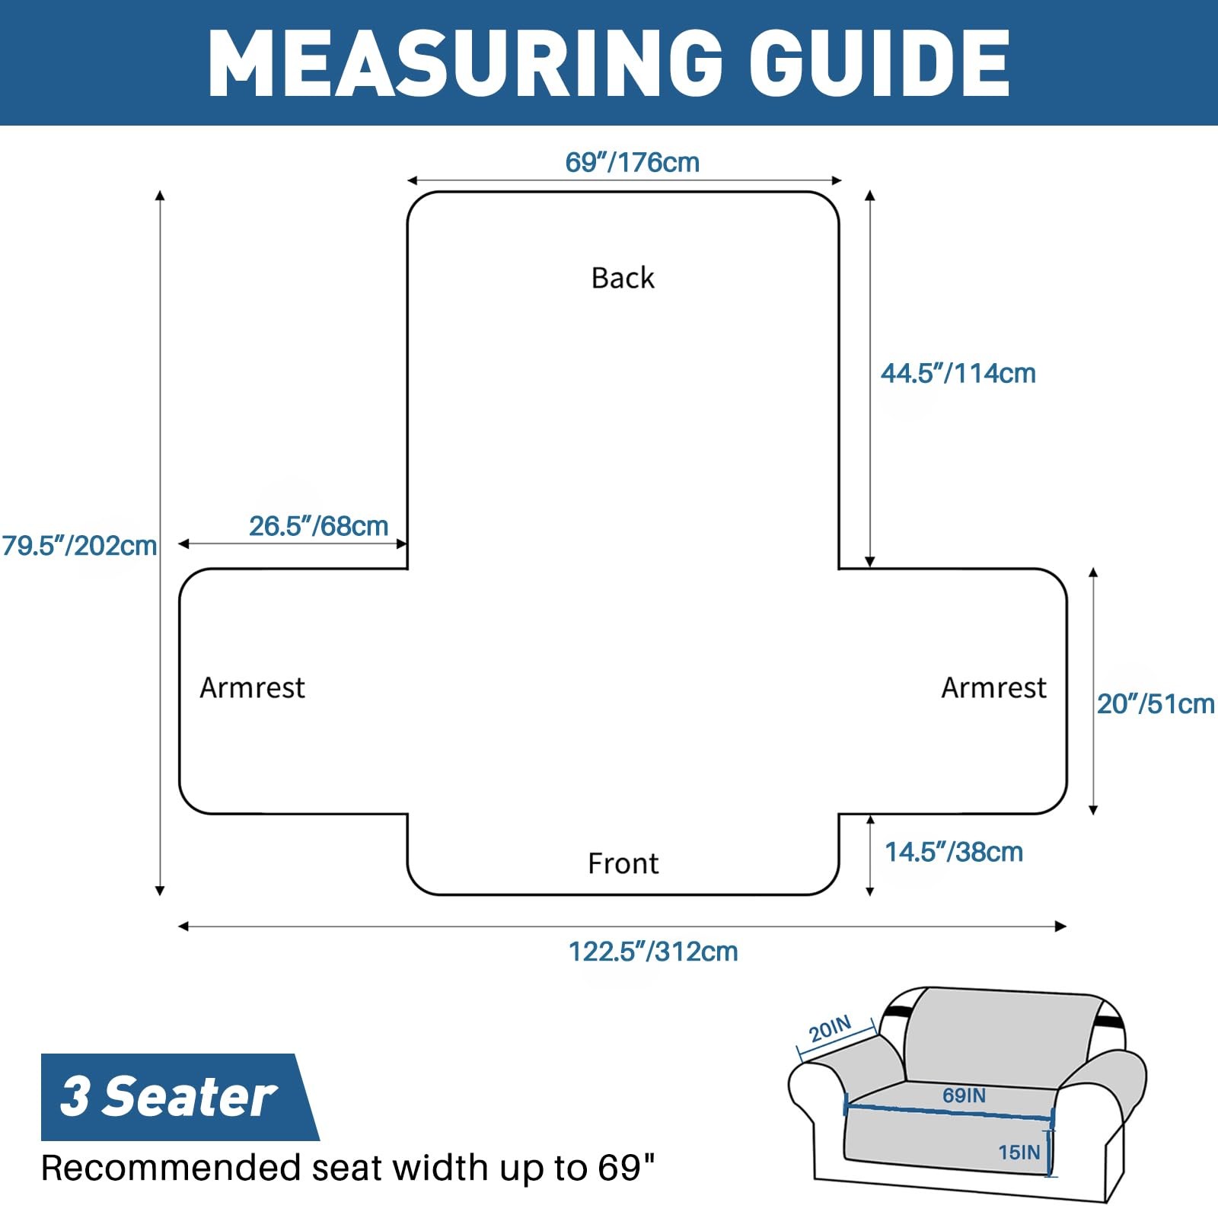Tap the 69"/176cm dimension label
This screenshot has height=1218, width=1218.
tap(632, 162)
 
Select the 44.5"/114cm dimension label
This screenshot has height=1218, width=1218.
tap(958, 373)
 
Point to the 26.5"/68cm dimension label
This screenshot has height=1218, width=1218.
tap(318, 526)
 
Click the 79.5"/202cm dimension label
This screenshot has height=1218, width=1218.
tap(79, 546)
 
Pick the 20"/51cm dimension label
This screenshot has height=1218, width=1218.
tap(1155, 704)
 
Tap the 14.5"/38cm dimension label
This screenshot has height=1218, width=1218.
tap(953, 852)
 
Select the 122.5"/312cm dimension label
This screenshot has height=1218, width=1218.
tap(653, 952)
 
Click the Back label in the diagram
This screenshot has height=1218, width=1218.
tap(623, 278)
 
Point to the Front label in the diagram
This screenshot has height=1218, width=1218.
tap(623, 864)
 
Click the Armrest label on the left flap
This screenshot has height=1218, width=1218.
tap(252, 687)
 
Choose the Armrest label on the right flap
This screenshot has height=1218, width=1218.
tap(993, 687)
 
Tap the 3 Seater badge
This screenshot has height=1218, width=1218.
tap(169, 1097)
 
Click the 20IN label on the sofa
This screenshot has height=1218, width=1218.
tap(830, 1029)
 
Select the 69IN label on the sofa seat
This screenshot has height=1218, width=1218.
tap(964, 1095)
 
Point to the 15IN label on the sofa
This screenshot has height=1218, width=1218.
tap(1019, 1153)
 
